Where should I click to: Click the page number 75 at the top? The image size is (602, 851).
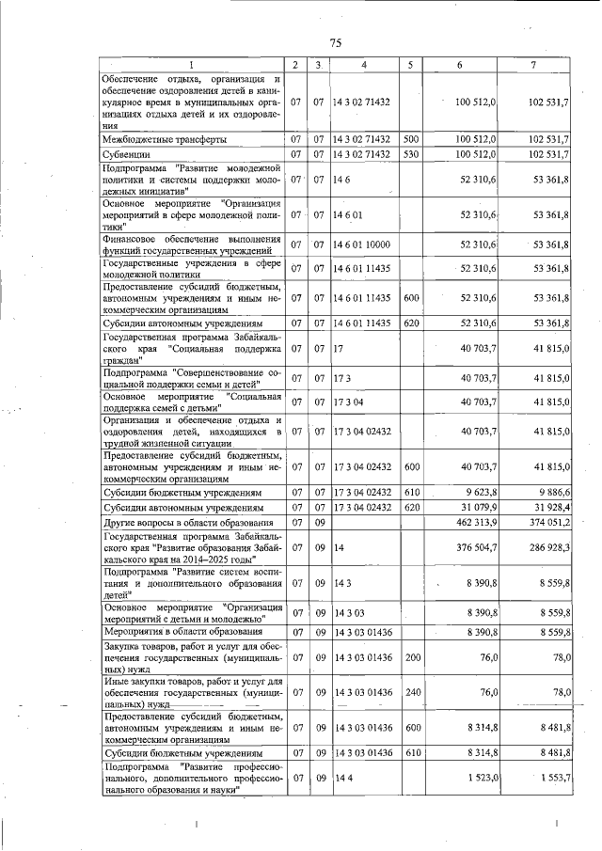(x=335, y=42)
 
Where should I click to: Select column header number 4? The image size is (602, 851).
(x=364, y=64)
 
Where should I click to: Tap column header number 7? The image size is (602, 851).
(x=532, y=64)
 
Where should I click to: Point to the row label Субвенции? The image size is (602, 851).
(x=126, y=153)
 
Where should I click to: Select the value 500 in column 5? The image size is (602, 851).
(x=410, y=139)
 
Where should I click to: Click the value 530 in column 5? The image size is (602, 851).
(x=410, y=153)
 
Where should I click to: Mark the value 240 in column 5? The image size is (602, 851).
(x=410, y=693)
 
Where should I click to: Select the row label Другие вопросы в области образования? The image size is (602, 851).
(x=188, y=522)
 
